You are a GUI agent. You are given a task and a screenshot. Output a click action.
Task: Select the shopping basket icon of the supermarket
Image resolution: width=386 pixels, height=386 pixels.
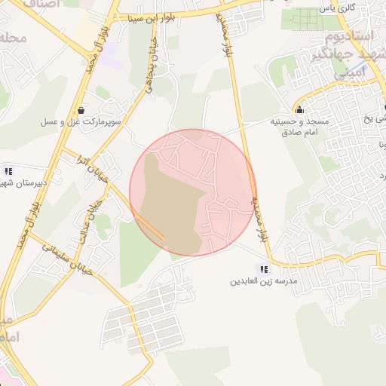(x=81, y=110)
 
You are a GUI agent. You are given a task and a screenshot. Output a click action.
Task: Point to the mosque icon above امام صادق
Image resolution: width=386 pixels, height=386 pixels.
(x=300, y=109)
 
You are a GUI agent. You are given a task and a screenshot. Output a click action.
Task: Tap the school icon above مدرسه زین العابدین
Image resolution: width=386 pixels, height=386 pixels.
(x=264, y=269)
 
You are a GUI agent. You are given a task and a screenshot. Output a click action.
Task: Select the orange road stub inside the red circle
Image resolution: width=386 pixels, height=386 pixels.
(x=150, y=228)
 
